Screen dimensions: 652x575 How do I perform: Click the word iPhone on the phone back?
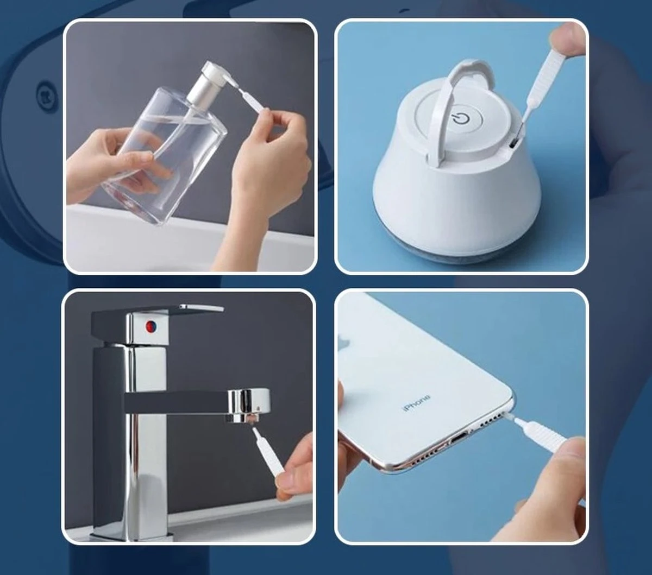coord(416,402)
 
